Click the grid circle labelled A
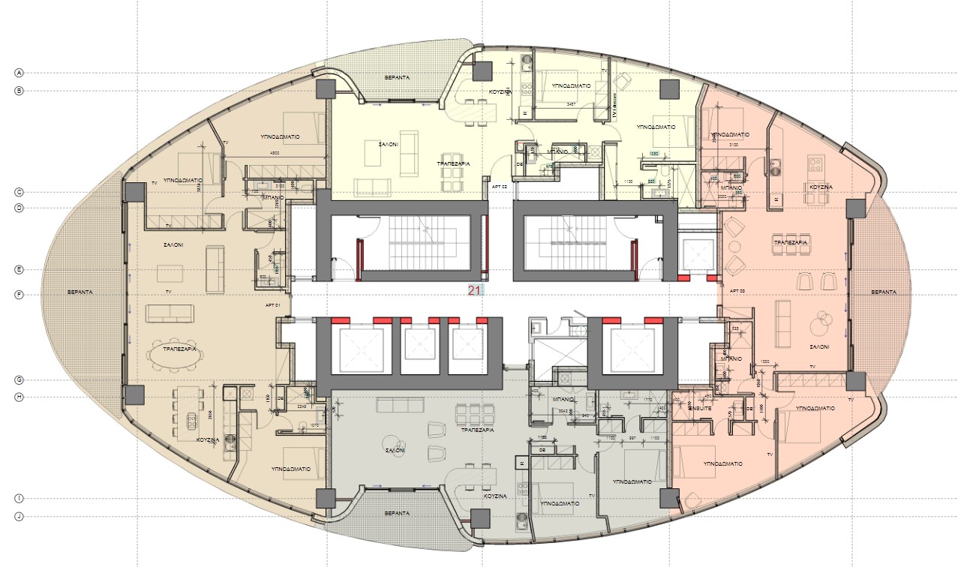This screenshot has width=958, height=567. [x=20, y=73]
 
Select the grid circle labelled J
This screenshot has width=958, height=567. [x=20, y=516]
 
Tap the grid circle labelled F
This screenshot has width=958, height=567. [x=20, y=295]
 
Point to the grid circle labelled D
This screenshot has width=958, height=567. [x=20, y=207]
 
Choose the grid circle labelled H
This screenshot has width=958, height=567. [x=20, y=397]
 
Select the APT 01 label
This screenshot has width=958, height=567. [x=272, y=306]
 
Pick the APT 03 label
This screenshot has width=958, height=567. [x=737, y=290]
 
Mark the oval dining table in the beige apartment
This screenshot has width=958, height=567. [x=174, y=355]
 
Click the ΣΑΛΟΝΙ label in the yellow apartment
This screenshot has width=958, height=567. [x=388, y=142]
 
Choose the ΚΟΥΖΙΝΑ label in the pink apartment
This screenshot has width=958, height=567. [x=817, y=187]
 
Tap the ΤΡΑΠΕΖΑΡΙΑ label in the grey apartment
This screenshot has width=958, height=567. [x=476, y=432]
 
